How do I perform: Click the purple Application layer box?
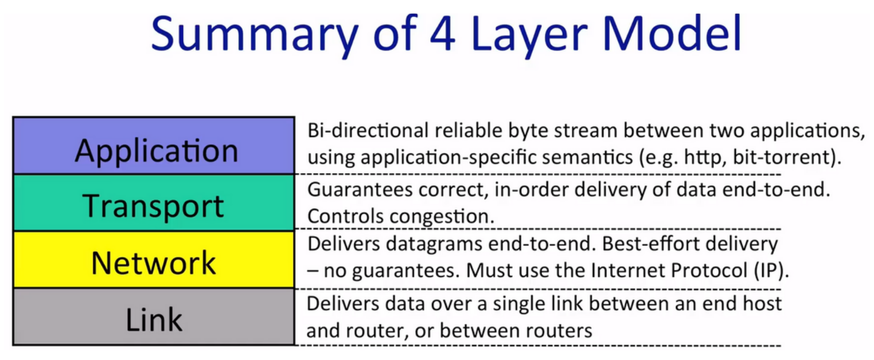[154, 146]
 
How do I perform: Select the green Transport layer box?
[154, 203]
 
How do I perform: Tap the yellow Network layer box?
[154, 260]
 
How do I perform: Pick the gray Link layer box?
[154, 316]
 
